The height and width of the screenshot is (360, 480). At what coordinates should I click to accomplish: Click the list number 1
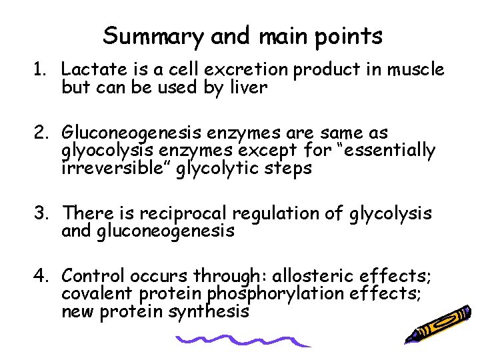41,69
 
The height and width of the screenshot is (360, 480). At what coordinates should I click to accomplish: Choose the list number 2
41,133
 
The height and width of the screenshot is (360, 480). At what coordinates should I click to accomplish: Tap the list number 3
41,213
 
